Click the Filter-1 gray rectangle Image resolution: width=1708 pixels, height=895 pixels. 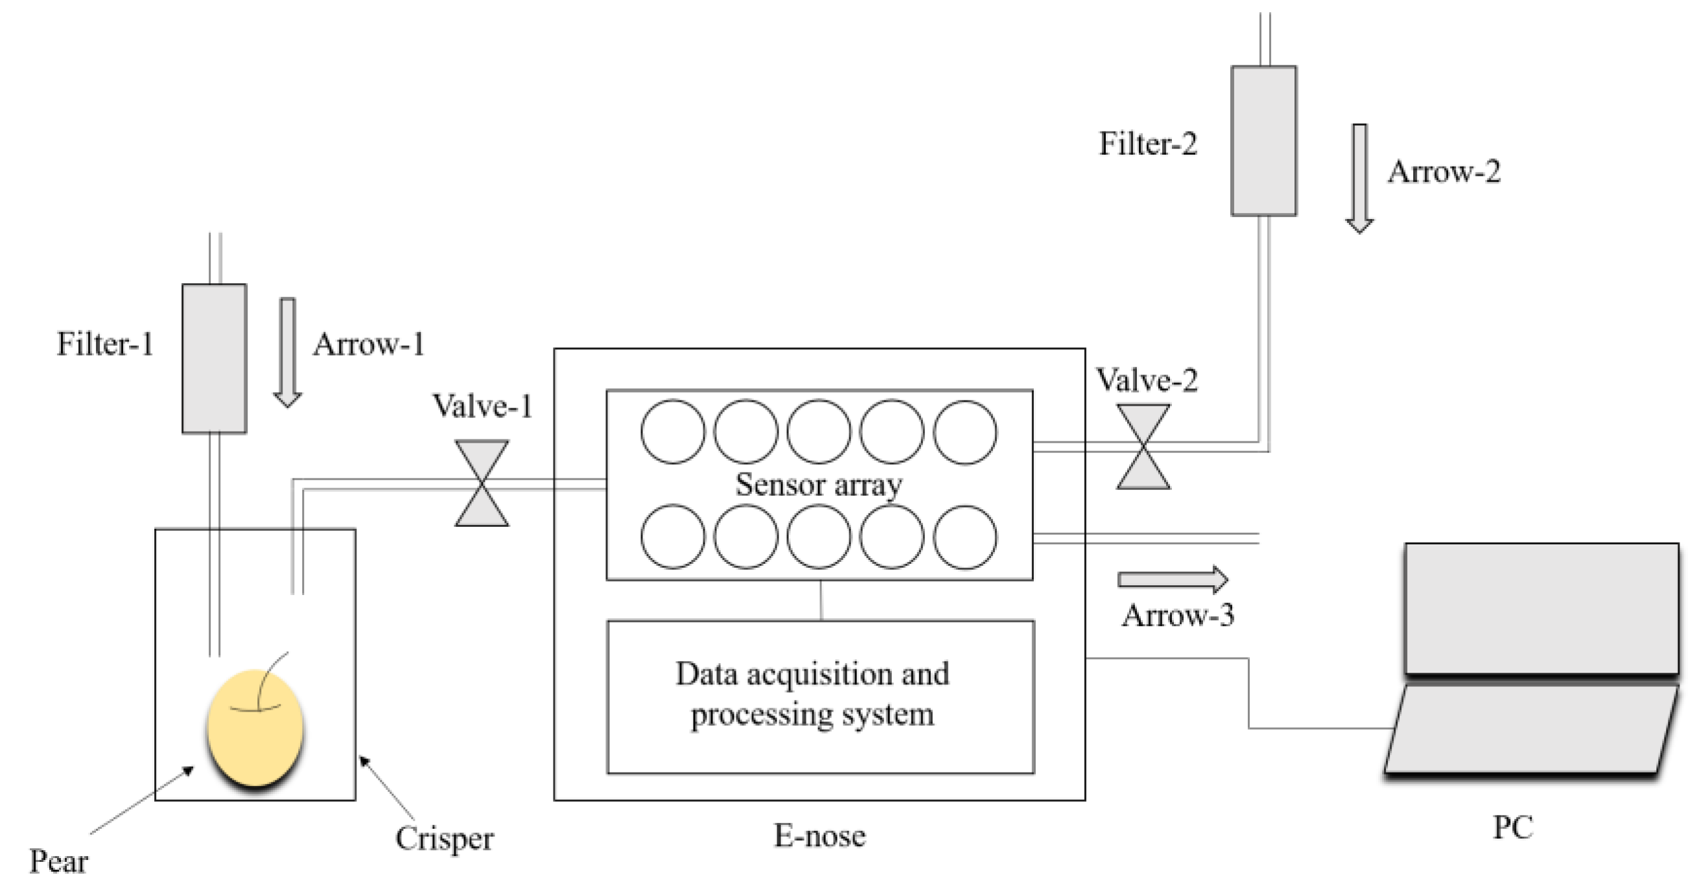(x=214, y=358)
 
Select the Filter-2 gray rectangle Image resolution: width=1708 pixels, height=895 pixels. (x=1264, y=141)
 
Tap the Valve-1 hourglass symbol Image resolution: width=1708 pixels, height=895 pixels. (x=482, y=483)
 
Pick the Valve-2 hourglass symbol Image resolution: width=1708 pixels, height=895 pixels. (x=1143, y=447)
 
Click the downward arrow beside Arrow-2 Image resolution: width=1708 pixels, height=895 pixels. (x=1359, y=178)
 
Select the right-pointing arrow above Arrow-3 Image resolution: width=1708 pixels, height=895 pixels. (x=1172, y=579)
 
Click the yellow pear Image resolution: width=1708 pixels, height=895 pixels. (x=255, y=728)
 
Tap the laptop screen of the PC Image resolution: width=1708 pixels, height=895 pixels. (x=1541, y=609)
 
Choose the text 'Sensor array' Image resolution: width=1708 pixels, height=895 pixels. (x=819, y=485)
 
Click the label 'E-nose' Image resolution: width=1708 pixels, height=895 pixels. (x=819, y=836)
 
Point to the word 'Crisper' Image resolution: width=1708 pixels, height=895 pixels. (x=444, y=839)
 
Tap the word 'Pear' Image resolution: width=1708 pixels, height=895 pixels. (x=58, y=862)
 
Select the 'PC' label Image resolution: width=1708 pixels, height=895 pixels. (x=1513, y=828)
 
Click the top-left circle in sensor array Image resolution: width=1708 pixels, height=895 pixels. (x=673, y=432)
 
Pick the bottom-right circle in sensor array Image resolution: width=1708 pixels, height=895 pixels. (x=965, y=537)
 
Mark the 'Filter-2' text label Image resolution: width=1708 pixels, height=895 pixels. (x=1149, y=144)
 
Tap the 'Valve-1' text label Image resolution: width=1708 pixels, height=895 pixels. (x=483, y=406)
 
